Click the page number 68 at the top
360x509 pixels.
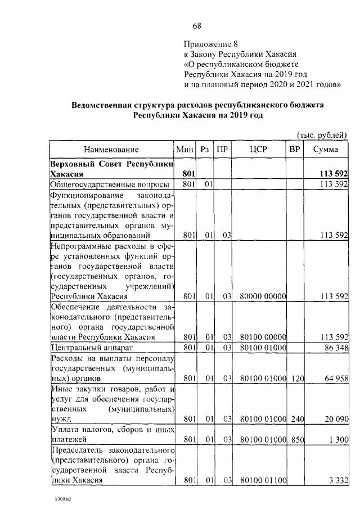click(197, 26)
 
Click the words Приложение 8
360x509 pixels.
click(208, 44)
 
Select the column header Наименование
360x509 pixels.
click(111, 150)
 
